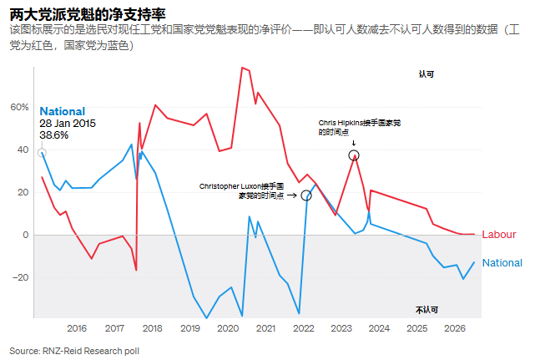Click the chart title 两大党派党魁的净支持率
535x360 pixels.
[x=88, y=14]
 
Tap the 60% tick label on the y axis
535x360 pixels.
[x=19, y=107]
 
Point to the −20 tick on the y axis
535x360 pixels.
[x=21, y=277]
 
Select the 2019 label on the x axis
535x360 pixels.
[x=190, y=328]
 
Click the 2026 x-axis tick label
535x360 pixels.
[x=455, y=328]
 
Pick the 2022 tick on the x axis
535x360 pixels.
[x=303, y=328]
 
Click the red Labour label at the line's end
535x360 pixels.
[x=499, y=235]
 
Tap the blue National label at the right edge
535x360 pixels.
[x=502, y=262]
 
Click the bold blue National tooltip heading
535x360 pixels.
[x=63, y=111]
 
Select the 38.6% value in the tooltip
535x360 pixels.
[x=54, y=135]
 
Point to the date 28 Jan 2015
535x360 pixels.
[x=68, y=123]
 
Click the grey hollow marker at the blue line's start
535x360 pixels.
[x=42, y=153]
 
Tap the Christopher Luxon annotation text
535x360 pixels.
[x=241, y=191]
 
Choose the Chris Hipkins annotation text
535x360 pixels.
[x=360, y=128]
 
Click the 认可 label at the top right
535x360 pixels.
[x=426, y=74]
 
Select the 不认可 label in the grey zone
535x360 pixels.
[x=426, y=310]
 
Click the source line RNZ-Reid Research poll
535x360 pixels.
[x=74, y=351]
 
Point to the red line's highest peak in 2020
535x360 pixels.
[x=242, y=68]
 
